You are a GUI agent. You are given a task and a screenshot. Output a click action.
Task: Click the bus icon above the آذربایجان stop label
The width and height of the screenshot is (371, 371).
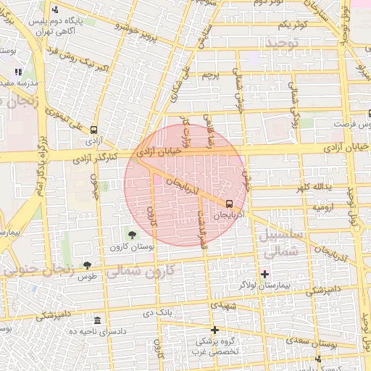pos(230,204)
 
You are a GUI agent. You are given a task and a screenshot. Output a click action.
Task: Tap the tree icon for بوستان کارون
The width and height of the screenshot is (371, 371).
pos(132,235)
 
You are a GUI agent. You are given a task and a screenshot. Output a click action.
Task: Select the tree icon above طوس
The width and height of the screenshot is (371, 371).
pos(88,264)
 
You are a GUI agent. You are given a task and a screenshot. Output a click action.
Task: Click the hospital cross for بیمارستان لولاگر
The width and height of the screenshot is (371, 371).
pos(264,274)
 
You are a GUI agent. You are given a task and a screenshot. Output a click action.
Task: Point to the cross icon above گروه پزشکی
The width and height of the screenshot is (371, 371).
pos(214,330)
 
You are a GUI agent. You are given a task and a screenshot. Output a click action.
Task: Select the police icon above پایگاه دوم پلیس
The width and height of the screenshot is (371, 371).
pos(57,10)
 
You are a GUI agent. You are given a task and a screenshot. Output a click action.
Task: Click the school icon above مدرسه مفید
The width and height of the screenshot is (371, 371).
pos(18,72)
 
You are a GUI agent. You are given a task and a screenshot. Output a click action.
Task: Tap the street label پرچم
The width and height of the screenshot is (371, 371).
pos(209,75)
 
